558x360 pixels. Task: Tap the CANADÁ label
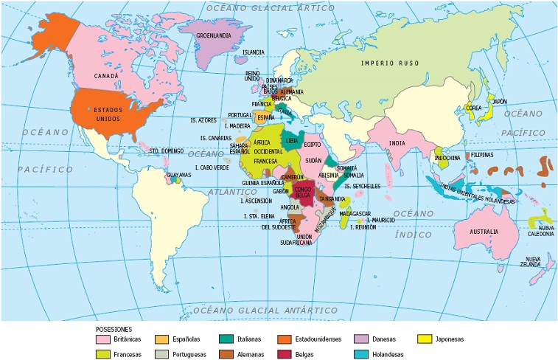point(107,75)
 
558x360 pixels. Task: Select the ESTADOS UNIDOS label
point(97,113)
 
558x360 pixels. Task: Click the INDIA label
point(397,143)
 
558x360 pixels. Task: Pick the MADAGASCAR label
point(355,213)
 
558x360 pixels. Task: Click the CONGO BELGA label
point(303,193)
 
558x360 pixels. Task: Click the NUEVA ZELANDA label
point(530,261)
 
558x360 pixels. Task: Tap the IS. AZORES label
point(203,120)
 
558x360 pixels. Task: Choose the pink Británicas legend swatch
point(103,339)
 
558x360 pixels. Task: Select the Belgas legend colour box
point(286,353)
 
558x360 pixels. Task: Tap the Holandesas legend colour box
point(361,353)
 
